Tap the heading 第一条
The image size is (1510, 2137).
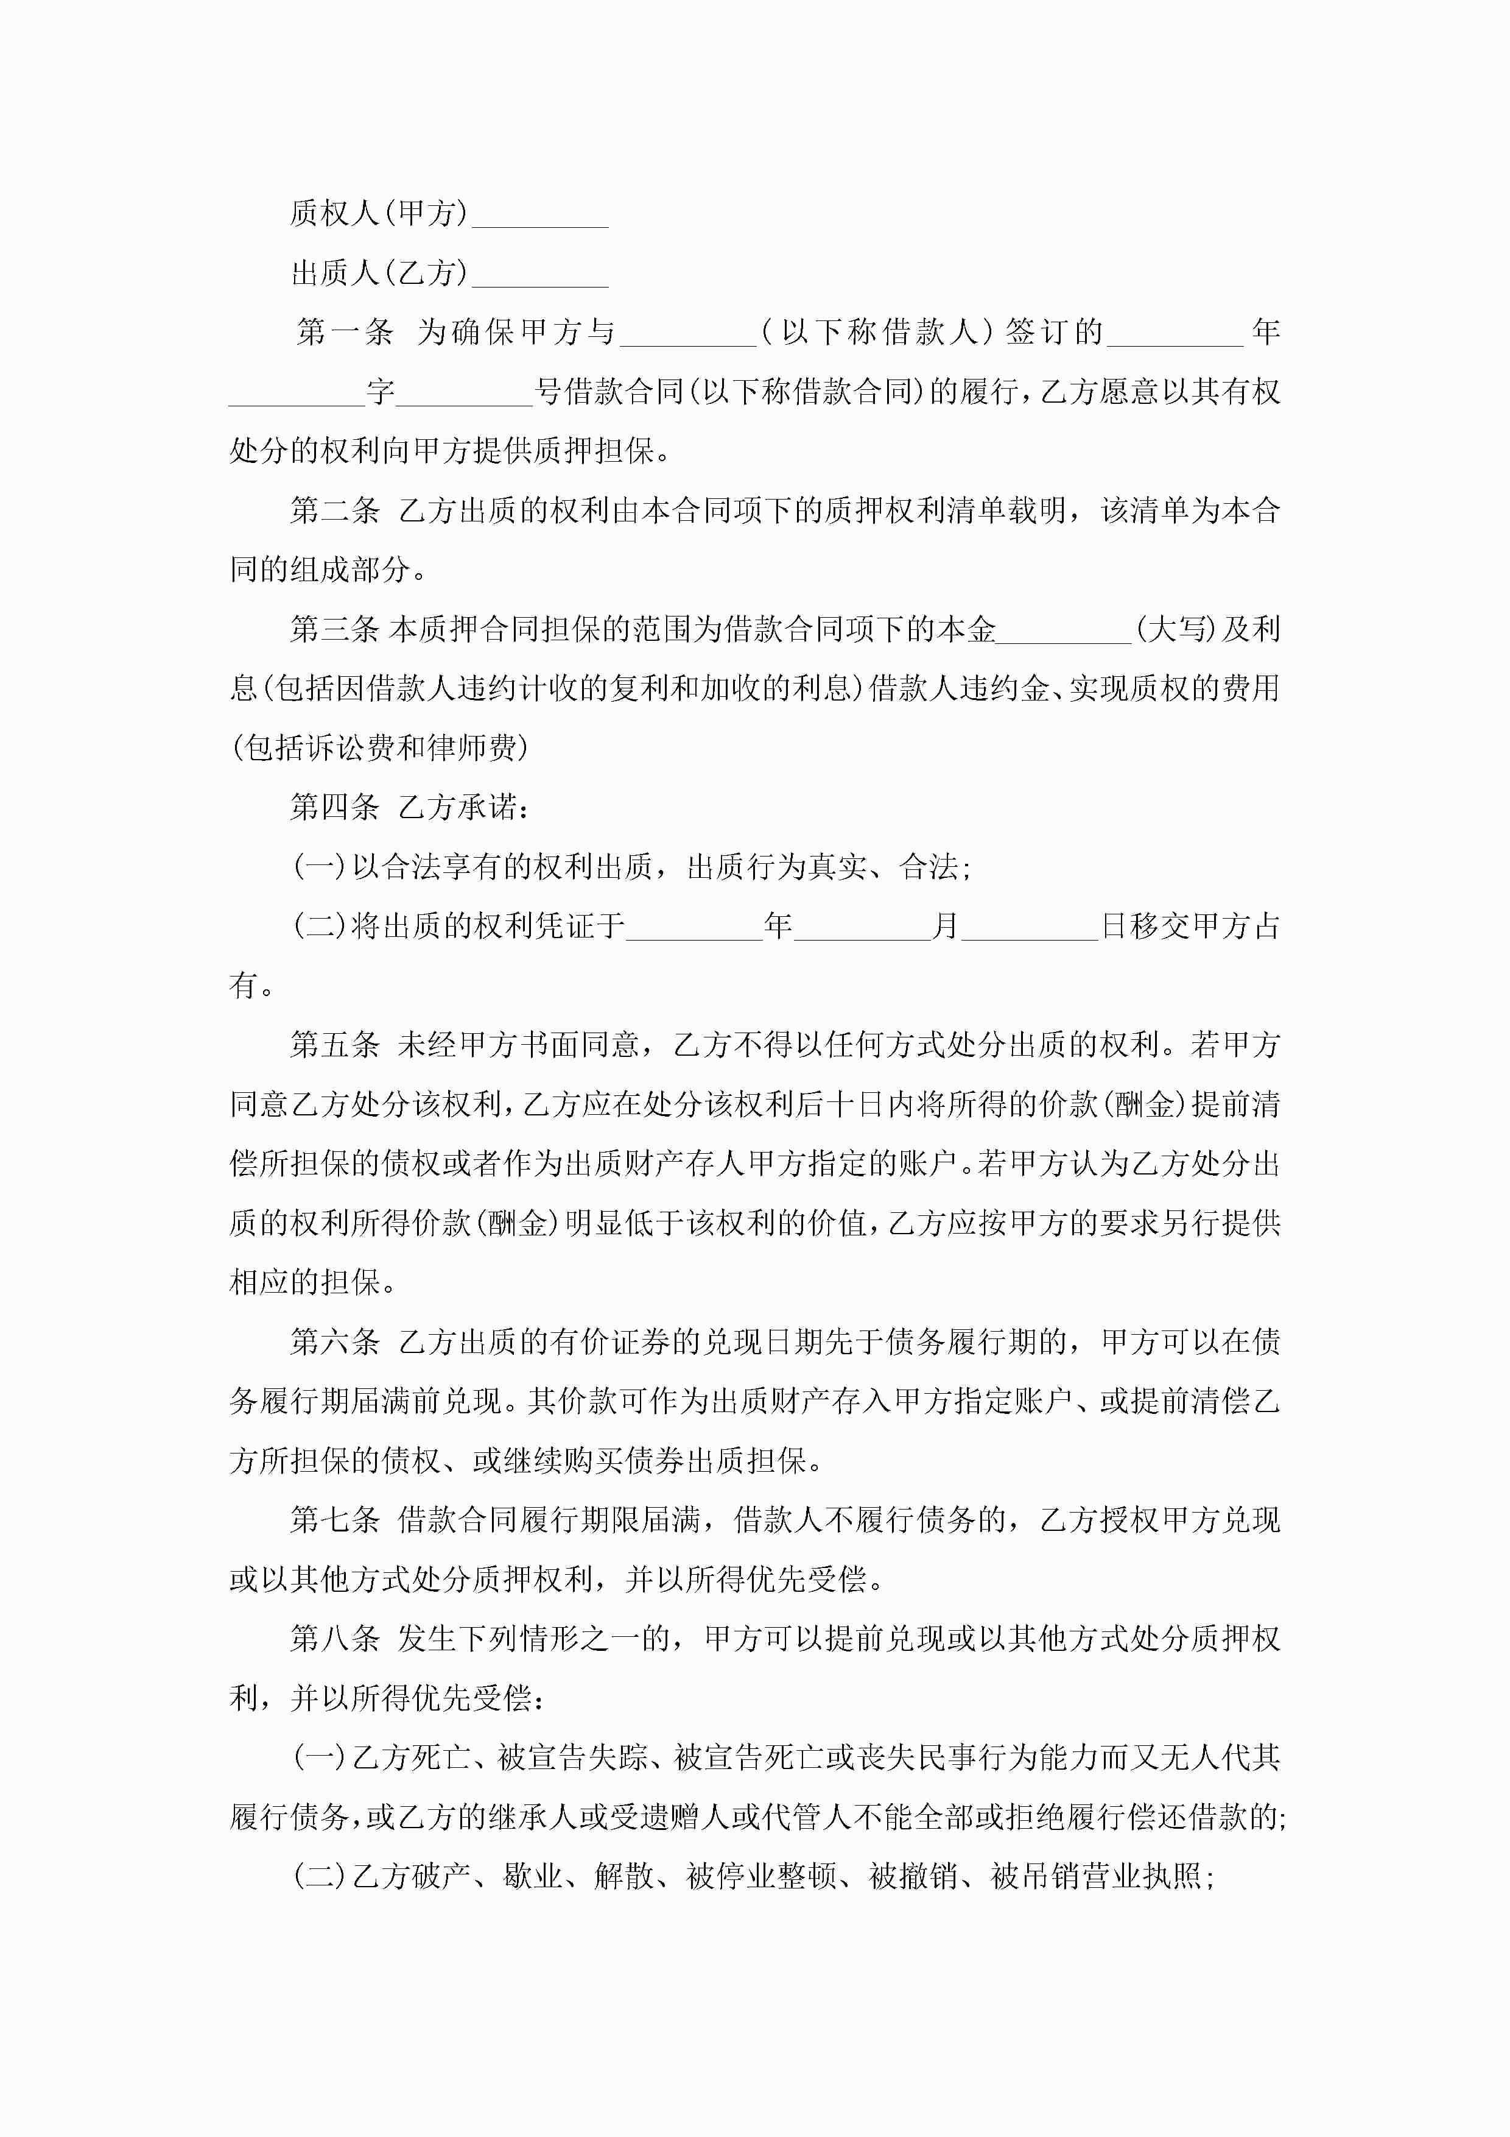(344, 332)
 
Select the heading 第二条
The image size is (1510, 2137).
(335, 510)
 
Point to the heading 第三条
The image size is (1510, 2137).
(335, 629)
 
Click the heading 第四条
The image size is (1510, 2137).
(335, 807)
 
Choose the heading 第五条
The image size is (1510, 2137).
(335, 1045)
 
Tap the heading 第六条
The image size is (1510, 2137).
(335, 1341)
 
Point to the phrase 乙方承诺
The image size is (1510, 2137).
(462, 807)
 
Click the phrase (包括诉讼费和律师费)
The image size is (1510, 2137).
(381, 747)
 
